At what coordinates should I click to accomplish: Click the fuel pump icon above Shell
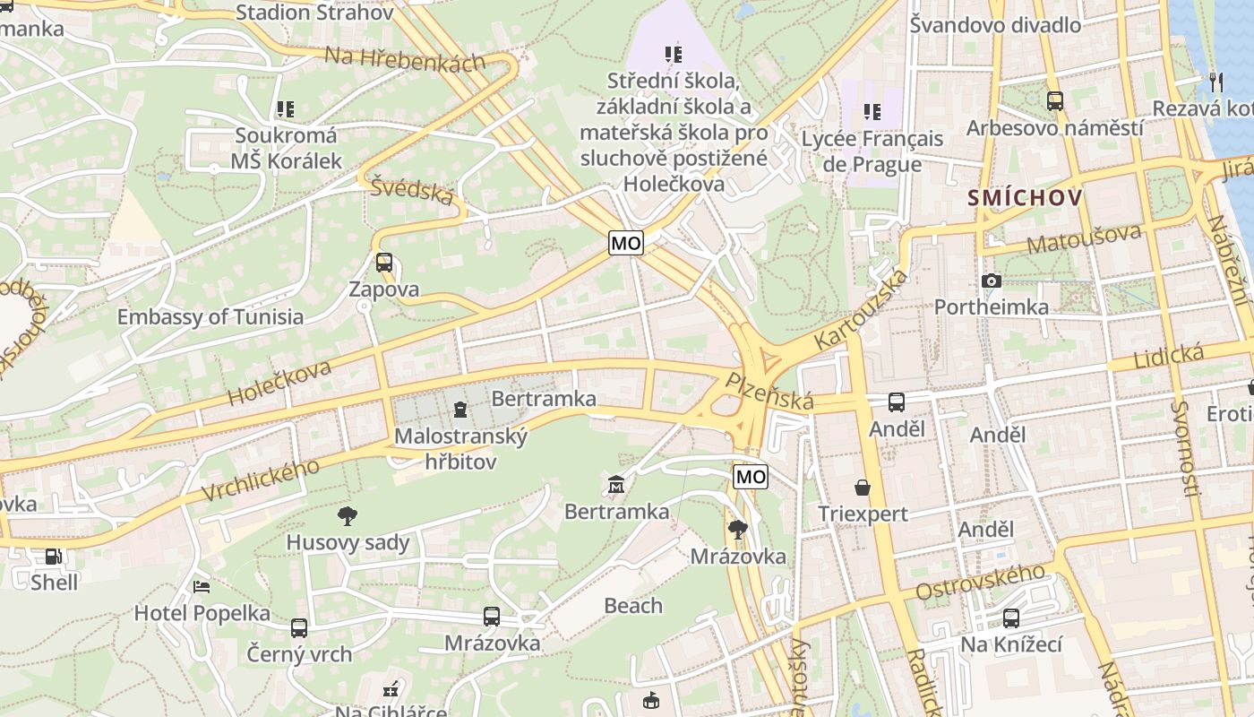pos(54,556)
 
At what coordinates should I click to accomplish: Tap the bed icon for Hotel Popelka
pos(202,586)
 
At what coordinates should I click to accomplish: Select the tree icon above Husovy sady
pos(348,515)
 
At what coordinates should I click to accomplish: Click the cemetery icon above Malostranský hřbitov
pos(460,410)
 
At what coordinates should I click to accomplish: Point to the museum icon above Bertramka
pos(616,485)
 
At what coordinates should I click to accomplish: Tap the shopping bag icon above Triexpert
pos(863,488)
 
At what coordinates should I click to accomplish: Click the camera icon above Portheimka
pos(991,281)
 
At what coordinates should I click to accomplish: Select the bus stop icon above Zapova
pos(384,263)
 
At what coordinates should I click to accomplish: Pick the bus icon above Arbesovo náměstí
pos(1055,101)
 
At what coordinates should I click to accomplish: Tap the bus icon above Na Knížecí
pos(1011,618)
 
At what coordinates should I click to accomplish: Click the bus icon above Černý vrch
pos(299,627)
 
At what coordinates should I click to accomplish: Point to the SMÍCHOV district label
pos(1025,198)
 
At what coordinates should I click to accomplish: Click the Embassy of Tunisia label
pos(210,316)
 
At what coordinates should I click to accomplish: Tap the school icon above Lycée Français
pos(872,112)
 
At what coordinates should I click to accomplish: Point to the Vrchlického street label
pos(261,479)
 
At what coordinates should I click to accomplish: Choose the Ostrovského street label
pos(981,583)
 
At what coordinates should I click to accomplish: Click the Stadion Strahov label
pos(313,13)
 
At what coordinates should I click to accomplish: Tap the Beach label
pos(633,606)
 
